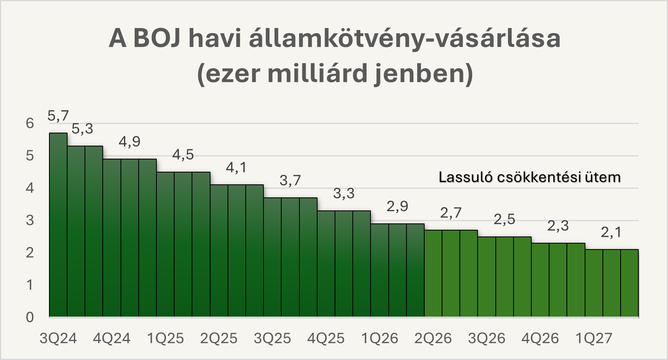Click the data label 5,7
click(x=58, y=116)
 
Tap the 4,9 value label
click(x=130, y=141)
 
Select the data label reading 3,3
click(x=344, y=193)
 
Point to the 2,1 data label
click(x=611, y=232)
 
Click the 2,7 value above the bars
click(x=451, y=213)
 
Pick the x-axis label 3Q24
click(x=58, y=338)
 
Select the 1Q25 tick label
click(x=166, y=338)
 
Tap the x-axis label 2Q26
click(x=433, y=338)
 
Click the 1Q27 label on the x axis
click(x=594, y=338)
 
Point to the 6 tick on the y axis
click(x=30, y=123)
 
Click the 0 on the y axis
click(x=30, y=317)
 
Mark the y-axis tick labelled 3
click(x=30, y=220)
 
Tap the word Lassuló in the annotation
click(x=466, y=177)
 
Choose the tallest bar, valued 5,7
click(x=58, y=225)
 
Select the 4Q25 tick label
click(x=326, y=338)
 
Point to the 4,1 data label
click(x=236, y=167)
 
